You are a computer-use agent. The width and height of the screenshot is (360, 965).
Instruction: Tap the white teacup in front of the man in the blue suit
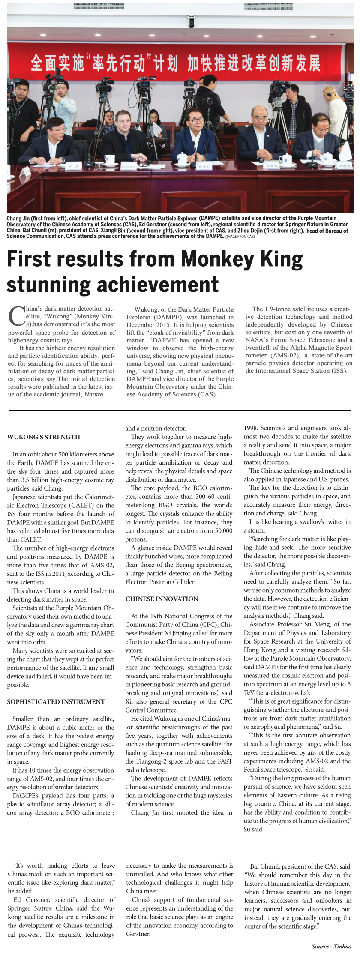[x=183, y=159]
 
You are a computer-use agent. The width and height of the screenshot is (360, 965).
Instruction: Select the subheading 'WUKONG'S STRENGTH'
[x=44, y=437]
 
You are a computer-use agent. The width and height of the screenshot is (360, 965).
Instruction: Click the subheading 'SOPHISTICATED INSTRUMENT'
[x=56, y=702]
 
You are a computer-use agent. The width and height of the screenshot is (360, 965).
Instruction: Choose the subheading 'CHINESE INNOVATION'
[x=162, y=599]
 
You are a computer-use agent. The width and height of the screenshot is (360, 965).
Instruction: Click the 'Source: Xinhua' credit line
[x=331, y=946]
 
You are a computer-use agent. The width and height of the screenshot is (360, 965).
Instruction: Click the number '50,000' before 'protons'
[x=222, y=531]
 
